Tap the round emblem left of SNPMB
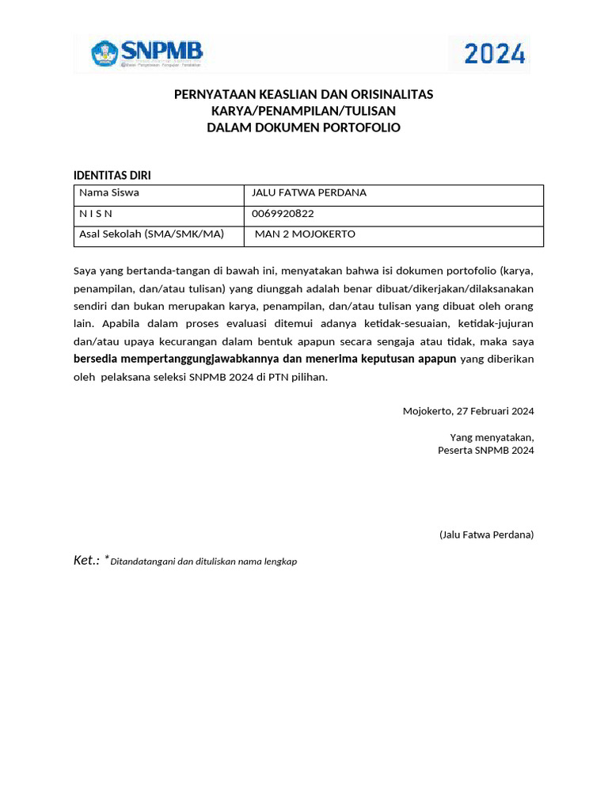point(104,55)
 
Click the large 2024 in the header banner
point(494,54)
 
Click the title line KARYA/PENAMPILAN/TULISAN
point(303,111)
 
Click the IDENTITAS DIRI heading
point(112,175)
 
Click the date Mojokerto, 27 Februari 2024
point(468,411)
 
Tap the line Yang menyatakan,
point(492,437)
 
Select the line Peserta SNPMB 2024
point(485,450)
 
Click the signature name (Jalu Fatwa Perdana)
point(486,535)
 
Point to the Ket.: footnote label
point(86,560)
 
